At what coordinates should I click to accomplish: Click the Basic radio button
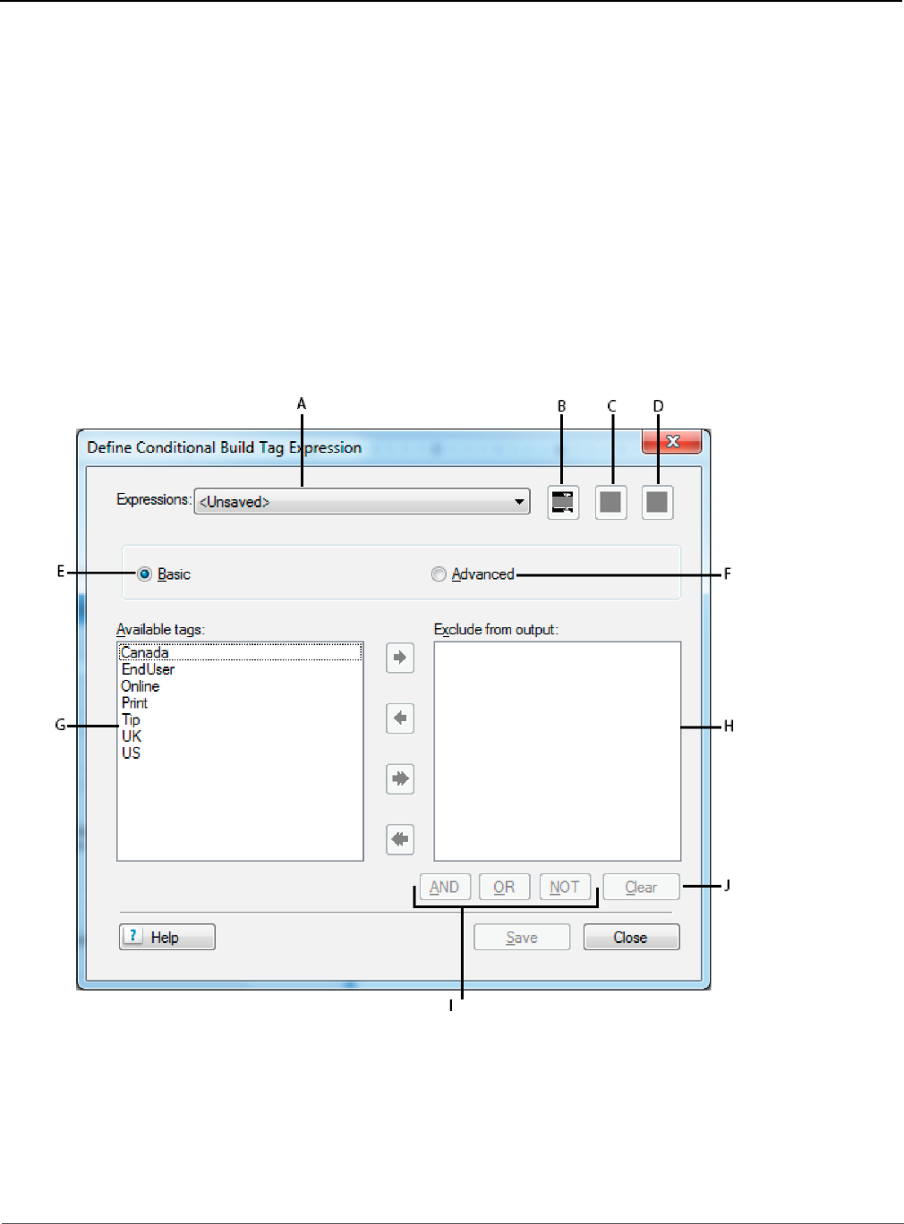click(x=144, y=574)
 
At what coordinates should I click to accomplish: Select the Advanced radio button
click(x=439, y=574)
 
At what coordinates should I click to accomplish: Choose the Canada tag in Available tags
click(x=145, y=652)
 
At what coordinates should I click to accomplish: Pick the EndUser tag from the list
click(x=149, y=669)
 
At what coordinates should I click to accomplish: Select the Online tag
click(x=141, y=686)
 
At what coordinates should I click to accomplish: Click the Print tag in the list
click(x=135, y=703)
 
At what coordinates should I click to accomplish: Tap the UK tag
click(x=132, y=736)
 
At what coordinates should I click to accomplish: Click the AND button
click(x=445, y=887)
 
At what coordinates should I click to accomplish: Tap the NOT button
click(x=565, y=887)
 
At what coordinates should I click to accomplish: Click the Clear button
click(x=641, y=887)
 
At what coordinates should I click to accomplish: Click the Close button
click(x=631, y=937)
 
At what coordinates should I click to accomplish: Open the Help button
click(x=167, y=937)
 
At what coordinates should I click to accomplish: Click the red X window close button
click(x=672, y=441)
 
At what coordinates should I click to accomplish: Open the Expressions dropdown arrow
click(x=519, y=502)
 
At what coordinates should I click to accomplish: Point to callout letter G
click(x=60, y=725)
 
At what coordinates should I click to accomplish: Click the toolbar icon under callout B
click(x=563, y=502)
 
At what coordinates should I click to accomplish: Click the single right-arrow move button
click(x=400, y=658)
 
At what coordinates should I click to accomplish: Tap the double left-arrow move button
click(x=400, y=839)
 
